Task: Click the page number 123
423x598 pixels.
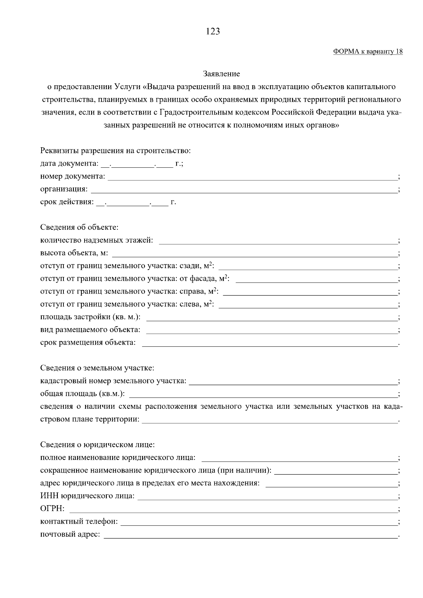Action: click(213, 32)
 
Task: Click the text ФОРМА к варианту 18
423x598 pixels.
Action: click(368, 52)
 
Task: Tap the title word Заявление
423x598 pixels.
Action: click(221, 74)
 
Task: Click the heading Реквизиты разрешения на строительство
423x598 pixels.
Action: click(115, 151)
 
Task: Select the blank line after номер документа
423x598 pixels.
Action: click(252, 177)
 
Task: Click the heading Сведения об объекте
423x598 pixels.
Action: click(79, 228)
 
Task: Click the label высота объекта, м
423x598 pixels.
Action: click(74, 253)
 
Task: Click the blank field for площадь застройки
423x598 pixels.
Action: click(271, 318)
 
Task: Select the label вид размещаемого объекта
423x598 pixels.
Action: click(90, 330)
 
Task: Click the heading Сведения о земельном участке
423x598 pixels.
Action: click(97, 368)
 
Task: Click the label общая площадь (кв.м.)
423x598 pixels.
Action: click(82, 394)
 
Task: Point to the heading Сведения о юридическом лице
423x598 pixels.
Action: click(97, 445)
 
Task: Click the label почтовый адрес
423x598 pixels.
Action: click(70, 535)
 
